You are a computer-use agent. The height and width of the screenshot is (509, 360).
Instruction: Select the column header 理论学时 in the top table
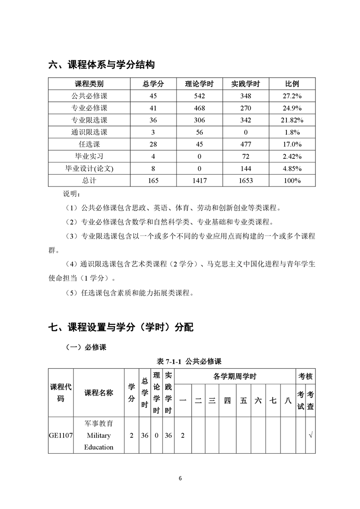click(199, 84)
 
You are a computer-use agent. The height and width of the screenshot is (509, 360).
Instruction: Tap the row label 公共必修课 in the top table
click(89, 96)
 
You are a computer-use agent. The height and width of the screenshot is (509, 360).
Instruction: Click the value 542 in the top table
click(199, 96)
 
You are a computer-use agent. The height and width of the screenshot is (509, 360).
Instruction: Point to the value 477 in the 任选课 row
click(246, 144)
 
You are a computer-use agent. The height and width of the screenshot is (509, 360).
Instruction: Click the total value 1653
click(246, 181)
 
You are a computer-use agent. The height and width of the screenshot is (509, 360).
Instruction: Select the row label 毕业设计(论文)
click(89, 168)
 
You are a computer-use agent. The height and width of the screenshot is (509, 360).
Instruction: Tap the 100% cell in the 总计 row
click(292, 181)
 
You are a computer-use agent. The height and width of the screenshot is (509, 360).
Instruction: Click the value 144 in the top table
click(246, 168)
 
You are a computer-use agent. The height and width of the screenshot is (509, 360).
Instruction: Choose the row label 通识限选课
click(89, 132)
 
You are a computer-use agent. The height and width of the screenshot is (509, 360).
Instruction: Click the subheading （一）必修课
click(86, 347)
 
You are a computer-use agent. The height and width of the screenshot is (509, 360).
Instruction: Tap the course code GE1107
click(61, 436)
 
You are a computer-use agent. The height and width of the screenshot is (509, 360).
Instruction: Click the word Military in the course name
click(99, 436)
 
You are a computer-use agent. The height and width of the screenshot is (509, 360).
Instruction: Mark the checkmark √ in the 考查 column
click(311, 436)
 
